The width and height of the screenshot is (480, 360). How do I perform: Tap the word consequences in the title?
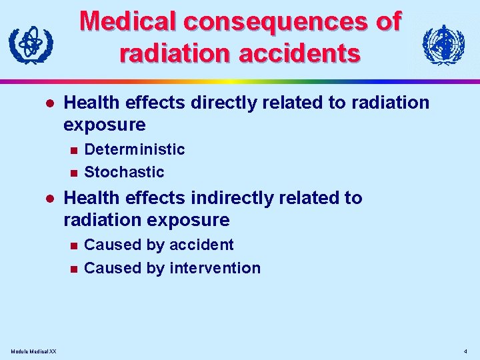pos(273,22)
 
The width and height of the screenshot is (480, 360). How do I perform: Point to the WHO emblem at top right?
pos(443,45)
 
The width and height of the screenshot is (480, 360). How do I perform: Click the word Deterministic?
pos(135,149)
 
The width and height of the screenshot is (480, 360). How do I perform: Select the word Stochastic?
pos(124,172)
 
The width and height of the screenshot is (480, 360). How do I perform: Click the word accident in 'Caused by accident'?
pos(201,245)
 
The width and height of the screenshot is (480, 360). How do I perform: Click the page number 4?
pos(465,351)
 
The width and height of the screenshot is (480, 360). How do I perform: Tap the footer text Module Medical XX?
pos(33,351)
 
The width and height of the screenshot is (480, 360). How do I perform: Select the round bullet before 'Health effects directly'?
pos(48,103)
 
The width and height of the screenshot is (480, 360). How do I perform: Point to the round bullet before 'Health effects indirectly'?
pos(48,199)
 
